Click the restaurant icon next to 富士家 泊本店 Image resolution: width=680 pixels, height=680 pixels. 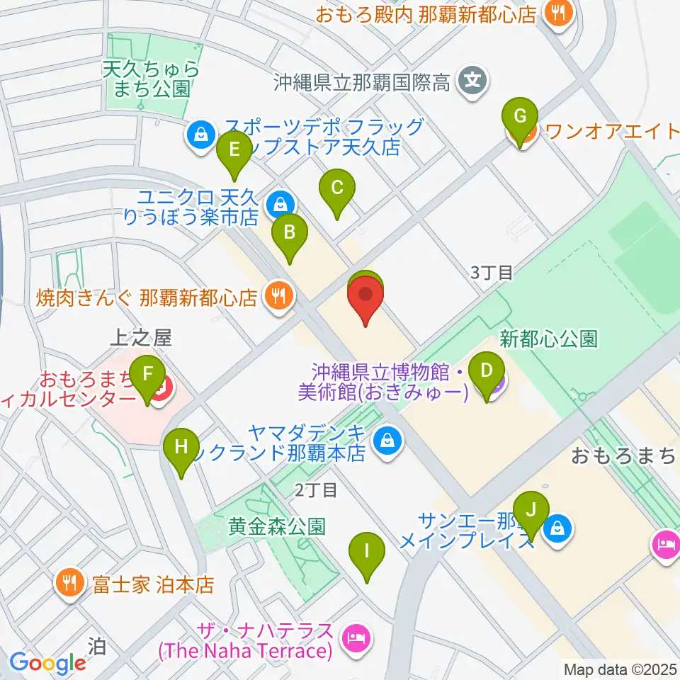click(69, 584)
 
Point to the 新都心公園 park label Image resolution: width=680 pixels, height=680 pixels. click(548, 339)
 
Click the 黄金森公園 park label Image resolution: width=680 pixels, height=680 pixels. click(277, 526)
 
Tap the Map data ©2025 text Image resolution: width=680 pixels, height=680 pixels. click(620, 668)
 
